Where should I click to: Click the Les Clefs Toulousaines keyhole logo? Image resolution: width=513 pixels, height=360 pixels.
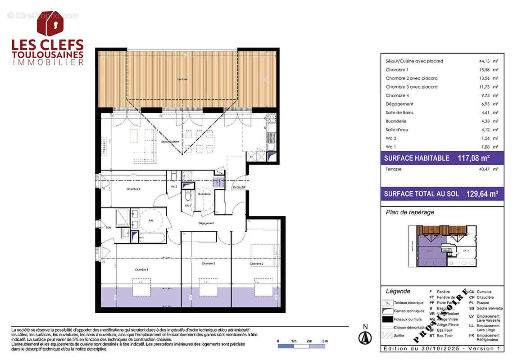(50, 23)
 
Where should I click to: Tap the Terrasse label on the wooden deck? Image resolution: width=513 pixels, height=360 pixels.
(182, 79)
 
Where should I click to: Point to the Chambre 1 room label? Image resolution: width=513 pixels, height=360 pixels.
(141, 269)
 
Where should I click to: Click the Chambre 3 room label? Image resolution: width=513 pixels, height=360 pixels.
(208, 264)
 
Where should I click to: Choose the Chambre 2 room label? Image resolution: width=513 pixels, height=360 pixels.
(256, 264)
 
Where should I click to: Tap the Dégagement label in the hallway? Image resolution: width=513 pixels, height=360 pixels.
(206, 223)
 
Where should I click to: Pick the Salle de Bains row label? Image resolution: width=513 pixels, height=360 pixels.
(399, 112)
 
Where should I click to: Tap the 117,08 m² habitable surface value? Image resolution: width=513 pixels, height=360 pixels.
(473, 158)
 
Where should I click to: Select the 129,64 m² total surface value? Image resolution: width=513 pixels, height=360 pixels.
(481, 194)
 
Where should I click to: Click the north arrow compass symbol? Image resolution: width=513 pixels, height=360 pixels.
(365, 337)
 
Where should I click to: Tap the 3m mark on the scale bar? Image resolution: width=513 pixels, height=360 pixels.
(325, 341)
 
